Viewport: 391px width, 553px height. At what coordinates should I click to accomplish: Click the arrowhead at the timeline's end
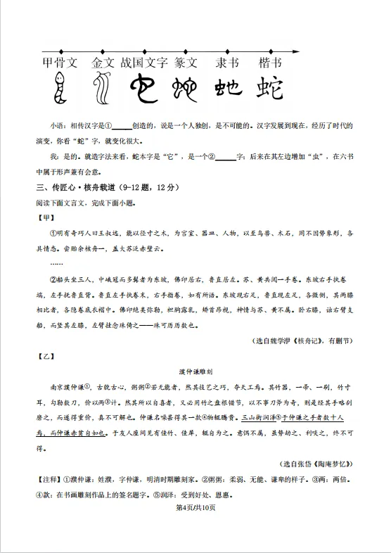click(301, 51)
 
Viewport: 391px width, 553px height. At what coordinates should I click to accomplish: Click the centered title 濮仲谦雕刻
click(196, 371)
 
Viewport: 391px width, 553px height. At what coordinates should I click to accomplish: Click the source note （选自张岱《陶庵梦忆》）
click(316, 464)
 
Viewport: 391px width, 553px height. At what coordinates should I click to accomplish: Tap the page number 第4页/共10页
click(195, 507)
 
